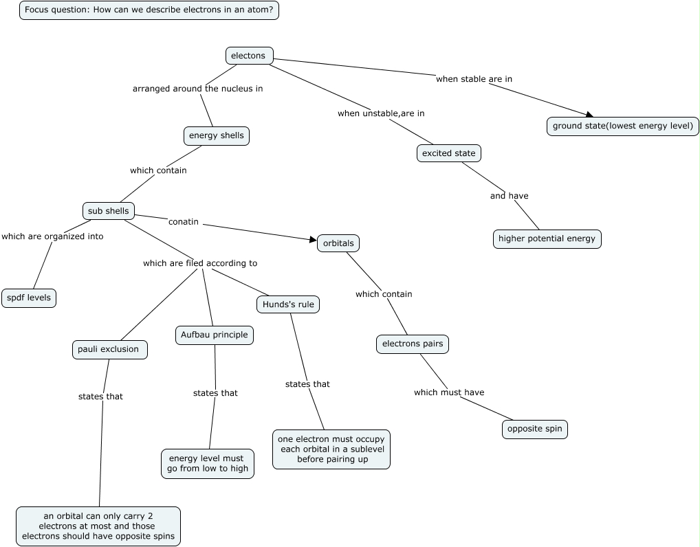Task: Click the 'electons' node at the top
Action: tap(249, 56)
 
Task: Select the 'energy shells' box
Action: tap(216, 135)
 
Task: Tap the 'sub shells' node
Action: tap(108, 211)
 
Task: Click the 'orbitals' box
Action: tap(338, 243)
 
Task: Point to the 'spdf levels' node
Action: tap(28, 298)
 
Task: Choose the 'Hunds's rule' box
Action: tap(289, 304)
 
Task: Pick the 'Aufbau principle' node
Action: tap(214, 335)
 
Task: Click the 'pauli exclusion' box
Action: tap(109, 349)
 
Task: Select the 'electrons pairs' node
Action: tap(412, 344)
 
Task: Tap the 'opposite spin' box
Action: tap(534, 429)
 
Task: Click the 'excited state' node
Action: tap(448, 153)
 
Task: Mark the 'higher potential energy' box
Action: tap(547, 238)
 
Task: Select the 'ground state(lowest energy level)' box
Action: tap(623, 126)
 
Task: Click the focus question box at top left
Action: tap(149, 10)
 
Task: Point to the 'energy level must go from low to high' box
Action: tap(208, 464)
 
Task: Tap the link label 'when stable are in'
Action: tap(474, 79)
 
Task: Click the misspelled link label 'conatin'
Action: tap(183, 221)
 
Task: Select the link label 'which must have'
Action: tap(449, 392)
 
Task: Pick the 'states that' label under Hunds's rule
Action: tap(307, 384)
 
